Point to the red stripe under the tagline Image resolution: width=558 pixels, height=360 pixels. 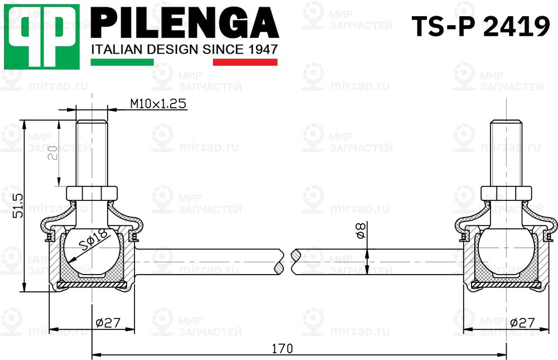(246, 62)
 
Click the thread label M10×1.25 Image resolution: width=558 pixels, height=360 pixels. (158, 104)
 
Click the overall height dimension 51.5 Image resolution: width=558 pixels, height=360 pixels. (17, 206)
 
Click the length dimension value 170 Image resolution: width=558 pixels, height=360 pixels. (282, 348)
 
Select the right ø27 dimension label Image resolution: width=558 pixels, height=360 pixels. (522, 322)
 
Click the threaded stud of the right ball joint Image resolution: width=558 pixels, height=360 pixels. (506, 153)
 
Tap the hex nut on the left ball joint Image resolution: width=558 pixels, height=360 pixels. (92, 194)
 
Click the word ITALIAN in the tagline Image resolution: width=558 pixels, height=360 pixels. (114, 49)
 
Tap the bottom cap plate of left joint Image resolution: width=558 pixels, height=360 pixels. (92, 285)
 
